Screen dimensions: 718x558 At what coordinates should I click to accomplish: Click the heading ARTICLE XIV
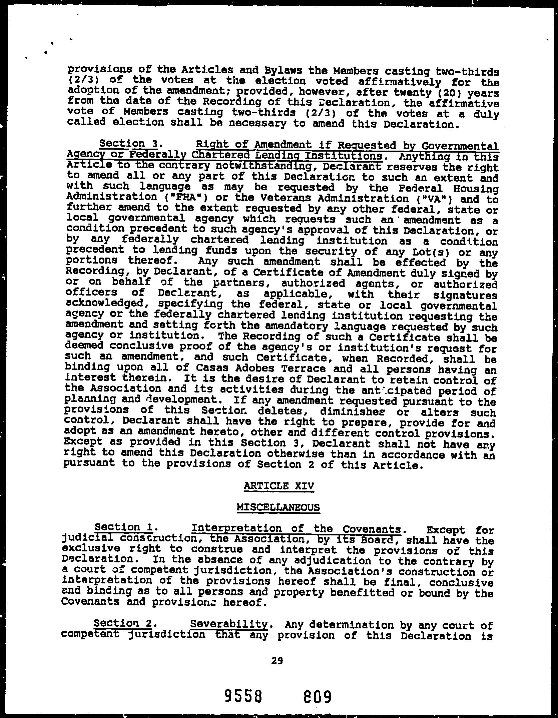[278, 486]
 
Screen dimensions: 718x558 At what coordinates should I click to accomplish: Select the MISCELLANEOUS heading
[278, 507]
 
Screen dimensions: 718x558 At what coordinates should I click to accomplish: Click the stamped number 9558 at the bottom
[243, 696]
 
